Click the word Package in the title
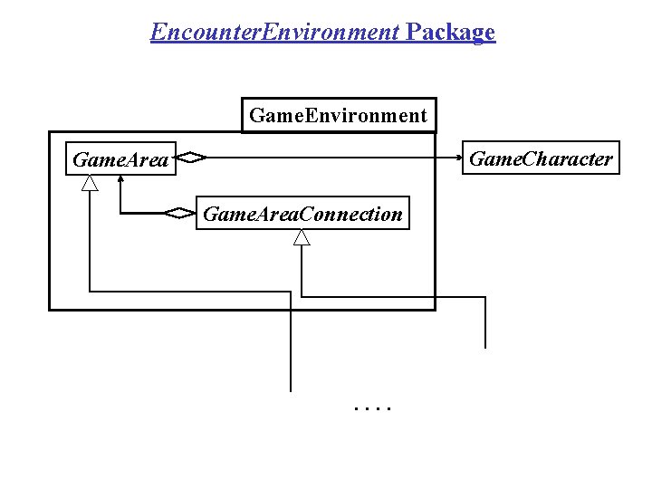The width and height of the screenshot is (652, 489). click(x=451, y=33)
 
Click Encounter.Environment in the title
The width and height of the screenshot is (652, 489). click(x=275, y=33)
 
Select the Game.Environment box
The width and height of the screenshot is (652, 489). click(x=338, y=115)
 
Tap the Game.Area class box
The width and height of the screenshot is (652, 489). click(x=120, y=160)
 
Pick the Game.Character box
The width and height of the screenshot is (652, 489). click(x=541, y=159)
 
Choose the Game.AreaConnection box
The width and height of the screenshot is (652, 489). click(x=302, y=214)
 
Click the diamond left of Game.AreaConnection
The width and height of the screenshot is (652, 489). click(x=180, y=214)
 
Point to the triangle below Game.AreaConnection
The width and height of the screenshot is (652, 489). click(x=302, y=237)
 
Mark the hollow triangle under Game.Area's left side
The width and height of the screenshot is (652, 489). click(x=89, y=183)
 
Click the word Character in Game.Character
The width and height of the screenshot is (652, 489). click(x=565, y=159)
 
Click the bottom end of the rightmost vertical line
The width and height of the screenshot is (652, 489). click(x=485, y=346)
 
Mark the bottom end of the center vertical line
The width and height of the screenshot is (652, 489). click(x=291, y=388)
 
